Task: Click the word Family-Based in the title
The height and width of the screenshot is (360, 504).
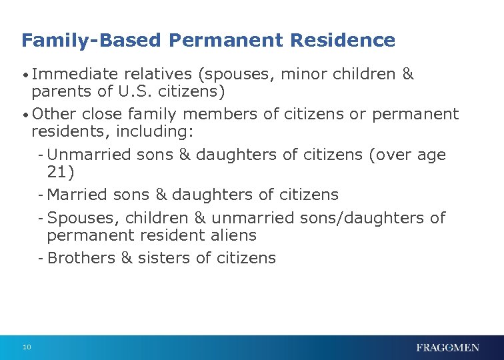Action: point(91,41)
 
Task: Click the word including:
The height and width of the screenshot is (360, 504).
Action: point(156,131)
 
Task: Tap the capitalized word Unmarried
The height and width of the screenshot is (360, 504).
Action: point(89,155)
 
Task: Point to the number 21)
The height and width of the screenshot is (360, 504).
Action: point(61,172)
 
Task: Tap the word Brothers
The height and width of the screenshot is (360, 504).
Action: point(81,259)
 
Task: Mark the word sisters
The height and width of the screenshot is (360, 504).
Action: point(165,259)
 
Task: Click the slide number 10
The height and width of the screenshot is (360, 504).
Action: point(27,347)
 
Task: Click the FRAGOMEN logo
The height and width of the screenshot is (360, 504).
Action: point(447,347)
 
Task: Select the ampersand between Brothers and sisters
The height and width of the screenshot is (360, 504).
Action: point(127,259)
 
